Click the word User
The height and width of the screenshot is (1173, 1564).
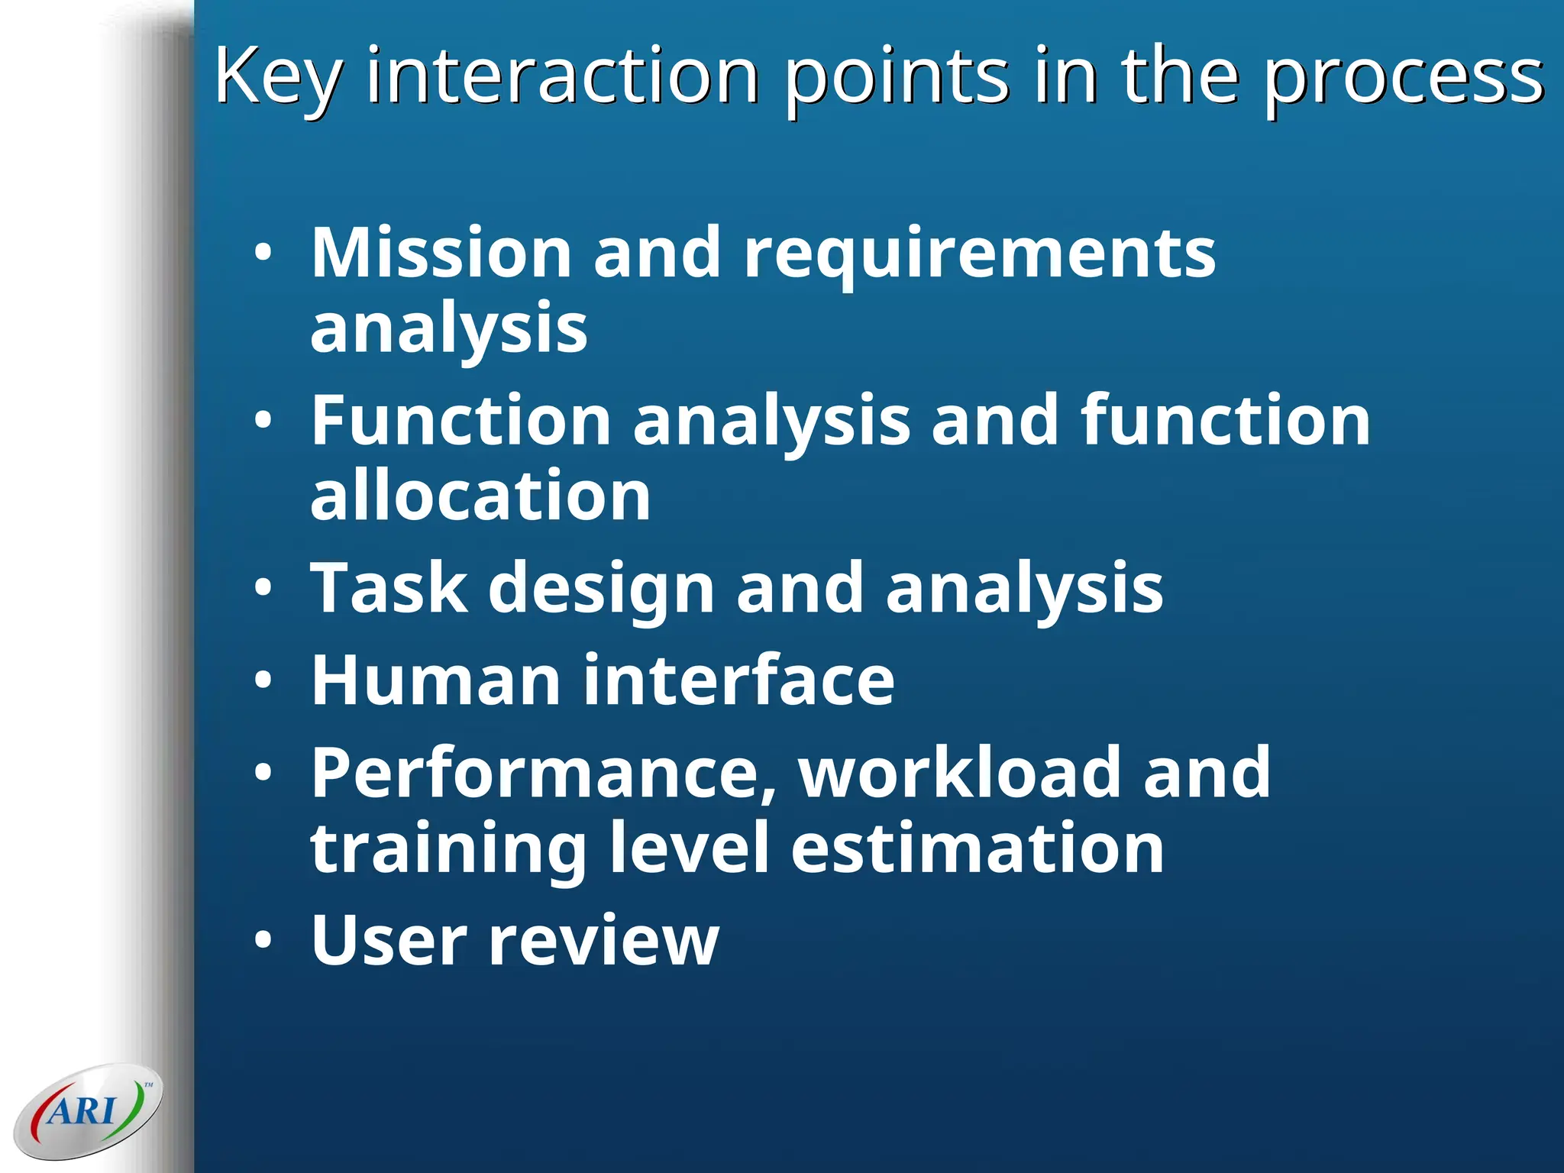pyautogui.click(x=389, y=940)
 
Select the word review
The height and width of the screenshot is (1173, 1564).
pyautogui.click(x=603, y=942)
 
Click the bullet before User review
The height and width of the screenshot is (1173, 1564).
pyautogui.click(x=263, y=942)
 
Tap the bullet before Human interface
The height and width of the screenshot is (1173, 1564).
pyautogui.click(x=263, y=681)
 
